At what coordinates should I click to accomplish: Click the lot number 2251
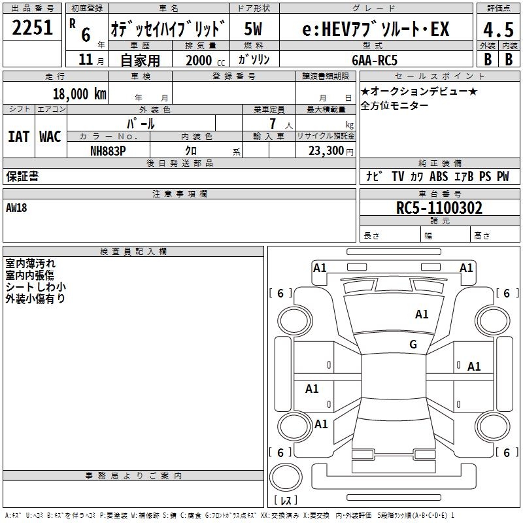32,27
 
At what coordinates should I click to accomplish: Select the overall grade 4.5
498,30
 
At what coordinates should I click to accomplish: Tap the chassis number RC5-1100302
439,208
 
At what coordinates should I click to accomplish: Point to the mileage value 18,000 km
80,94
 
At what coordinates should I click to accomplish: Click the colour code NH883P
108,151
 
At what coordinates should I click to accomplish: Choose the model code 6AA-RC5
375,60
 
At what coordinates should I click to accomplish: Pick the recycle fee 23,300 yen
331,151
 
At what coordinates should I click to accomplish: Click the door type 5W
253,29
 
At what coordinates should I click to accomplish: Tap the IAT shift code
18,137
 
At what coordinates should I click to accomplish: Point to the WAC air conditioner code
50,137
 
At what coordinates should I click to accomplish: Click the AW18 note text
16,208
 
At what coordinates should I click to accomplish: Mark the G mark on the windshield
413,344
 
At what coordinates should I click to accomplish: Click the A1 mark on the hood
422,314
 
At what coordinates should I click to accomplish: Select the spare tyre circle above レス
286,477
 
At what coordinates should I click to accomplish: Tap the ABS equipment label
439,177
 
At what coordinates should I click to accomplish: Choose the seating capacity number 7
273,124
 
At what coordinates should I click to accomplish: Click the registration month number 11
86,59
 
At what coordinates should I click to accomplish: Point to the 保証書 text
22,177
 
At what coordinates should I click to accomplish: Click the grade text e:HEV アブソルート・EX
376,29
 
